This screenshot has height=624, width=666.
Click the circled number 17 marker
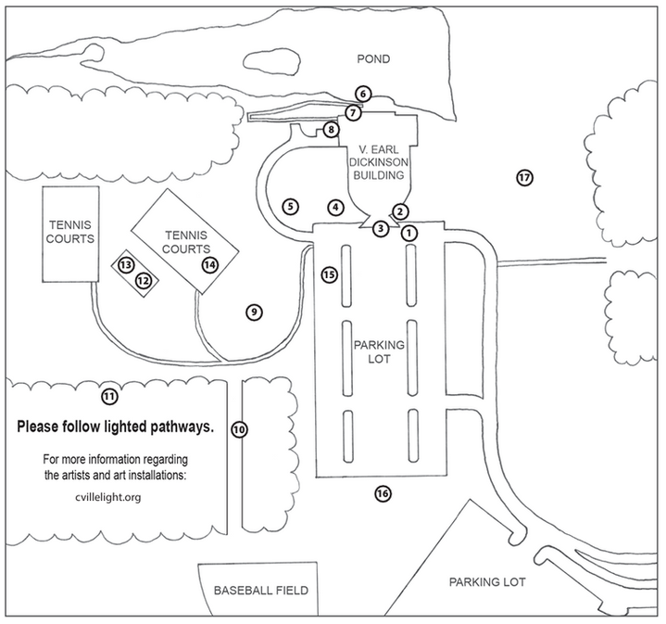tap(525, 177)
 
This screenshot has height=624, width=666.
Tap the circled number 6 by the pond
tap(363, 94)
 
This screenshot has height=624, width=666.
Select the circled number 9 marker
tap(253, 312)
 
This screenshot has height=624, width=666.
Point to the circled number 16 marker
tap(383, 493)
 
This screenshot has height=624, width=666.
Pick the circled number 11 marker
tap(109, 396)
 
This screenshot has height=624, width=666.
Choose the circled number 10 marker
tap(239, 429)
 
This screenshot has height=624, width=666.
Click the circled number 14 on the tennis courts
tap(210, 264)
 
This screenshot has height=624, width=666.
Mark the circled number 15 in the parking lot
tap(329, 274)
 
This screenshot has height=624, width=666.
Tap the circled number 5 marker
tap(291, 206)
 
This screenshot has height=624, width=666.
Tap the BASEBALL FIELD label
tap(260, 590)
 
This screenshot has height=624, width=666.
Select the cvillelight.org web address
tap(109, 497)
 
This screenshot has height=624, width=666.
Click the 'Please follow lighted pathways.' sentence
tap(116, 427)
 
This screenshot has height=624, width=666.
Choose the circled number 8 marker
tap(331, 130)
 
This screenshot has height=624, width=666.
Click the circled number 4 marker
tap(335, 206)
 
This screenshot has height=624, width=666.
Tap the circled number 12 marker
tap(143, 280)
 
